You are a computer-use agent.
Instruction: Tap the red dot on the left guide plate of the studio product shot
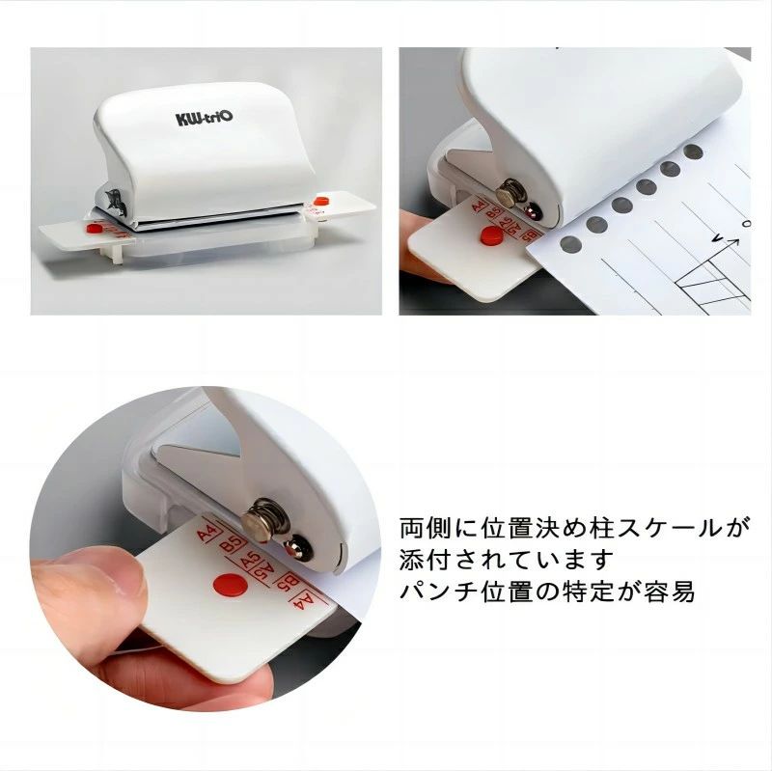(x=94, y=228)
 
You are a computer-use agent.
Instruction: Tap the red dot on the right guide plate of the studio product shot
(x=320, y=203)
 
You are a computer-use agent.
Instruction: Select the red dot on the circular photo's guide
(x=229, y=584)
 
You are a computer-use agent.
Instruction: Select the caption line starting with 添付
(x=507, y=560)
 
